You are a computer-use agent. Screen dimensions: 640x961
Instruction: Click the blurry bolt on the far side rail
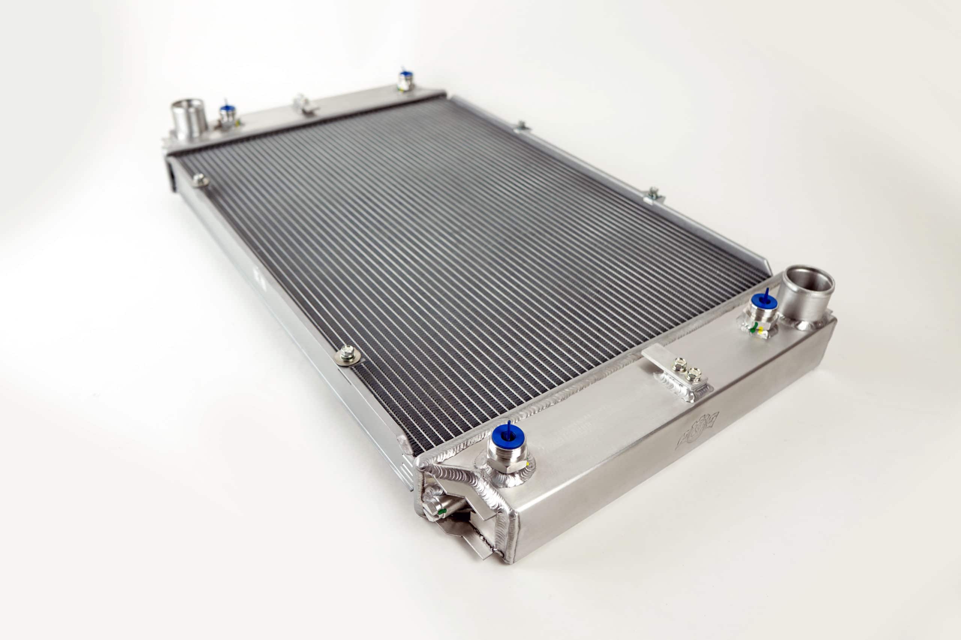(x=200, y=180)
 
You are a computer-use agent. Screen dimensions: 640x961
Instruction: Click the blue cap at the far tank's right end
(x=405, y=75)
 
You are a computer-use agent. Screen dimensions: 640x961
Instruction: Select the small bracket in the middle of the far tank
(x=304, y=105)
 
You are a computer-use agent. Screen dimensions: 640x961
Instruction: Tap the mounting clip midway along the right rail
(x=653, y=196)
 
